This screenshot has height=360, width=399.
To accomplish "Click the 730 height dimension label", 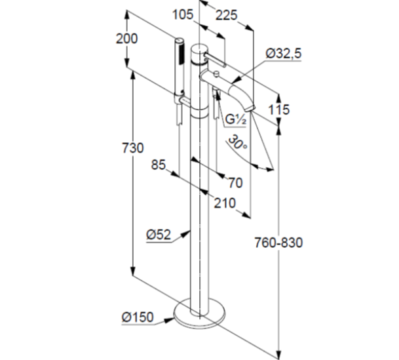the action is (133, 148).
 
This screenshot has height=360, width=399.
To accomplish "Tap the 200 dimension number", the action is (126, 39).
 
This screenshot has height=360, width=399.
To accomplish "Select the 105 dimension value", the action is (183, 14).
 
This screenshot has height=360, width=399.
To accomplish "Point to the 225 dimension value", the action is (227, 15).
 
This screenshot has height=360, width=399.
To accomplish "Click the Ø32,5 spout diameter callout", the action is (284, 54).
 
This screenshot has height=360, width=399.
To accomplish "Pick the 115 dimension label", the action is (279, 110).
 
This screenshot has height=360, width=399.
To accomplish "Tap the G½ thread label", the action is (236, 120).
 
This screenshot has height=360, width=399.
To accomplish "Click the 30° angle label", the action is (237, 143).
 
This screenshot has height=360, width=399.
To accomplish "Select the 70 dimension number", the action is (235, 183).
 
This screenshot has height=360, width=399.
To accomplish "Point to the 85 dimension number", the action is (159, 165).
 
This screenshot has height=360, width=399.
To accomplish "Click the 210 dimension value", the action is (225, 203).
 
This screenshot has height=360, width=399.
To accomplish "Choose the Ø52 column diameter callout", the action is (159, 235).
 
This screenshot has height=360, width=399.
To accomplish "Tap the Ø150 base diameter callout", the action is (138, 317).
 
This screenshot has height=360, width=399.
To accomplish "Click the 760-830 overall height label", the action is (278, 243).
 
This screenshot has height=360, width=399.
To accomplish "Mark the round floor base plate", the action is (199, 313).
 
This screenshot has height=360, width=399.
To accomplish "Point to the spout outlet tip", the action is (250, 109).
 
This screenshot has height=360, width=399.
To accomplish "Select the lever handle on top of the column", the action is (215, 59).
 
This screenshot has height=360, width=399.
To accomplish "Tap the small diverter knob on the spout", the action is (216, 74).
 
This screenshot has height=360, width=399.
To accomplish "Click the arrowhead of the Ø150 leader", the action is (169, 320).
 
